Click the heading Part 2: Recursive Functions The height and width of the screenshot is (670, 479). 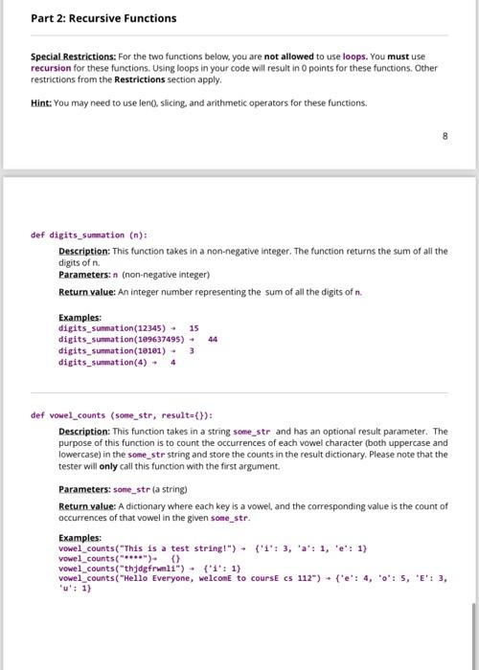(90, 18)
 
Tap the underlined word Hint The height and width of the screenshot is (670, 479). (42, 101)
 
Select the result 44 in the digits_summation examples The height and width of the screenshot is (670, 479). (212, 338)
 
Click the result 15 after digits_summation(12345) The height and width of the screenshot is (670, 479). (194, 327)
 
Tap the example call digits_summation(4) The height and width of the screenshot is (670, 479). (103, 362)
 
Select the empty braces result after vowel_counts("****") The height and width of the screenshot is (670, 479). (174, 558)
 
